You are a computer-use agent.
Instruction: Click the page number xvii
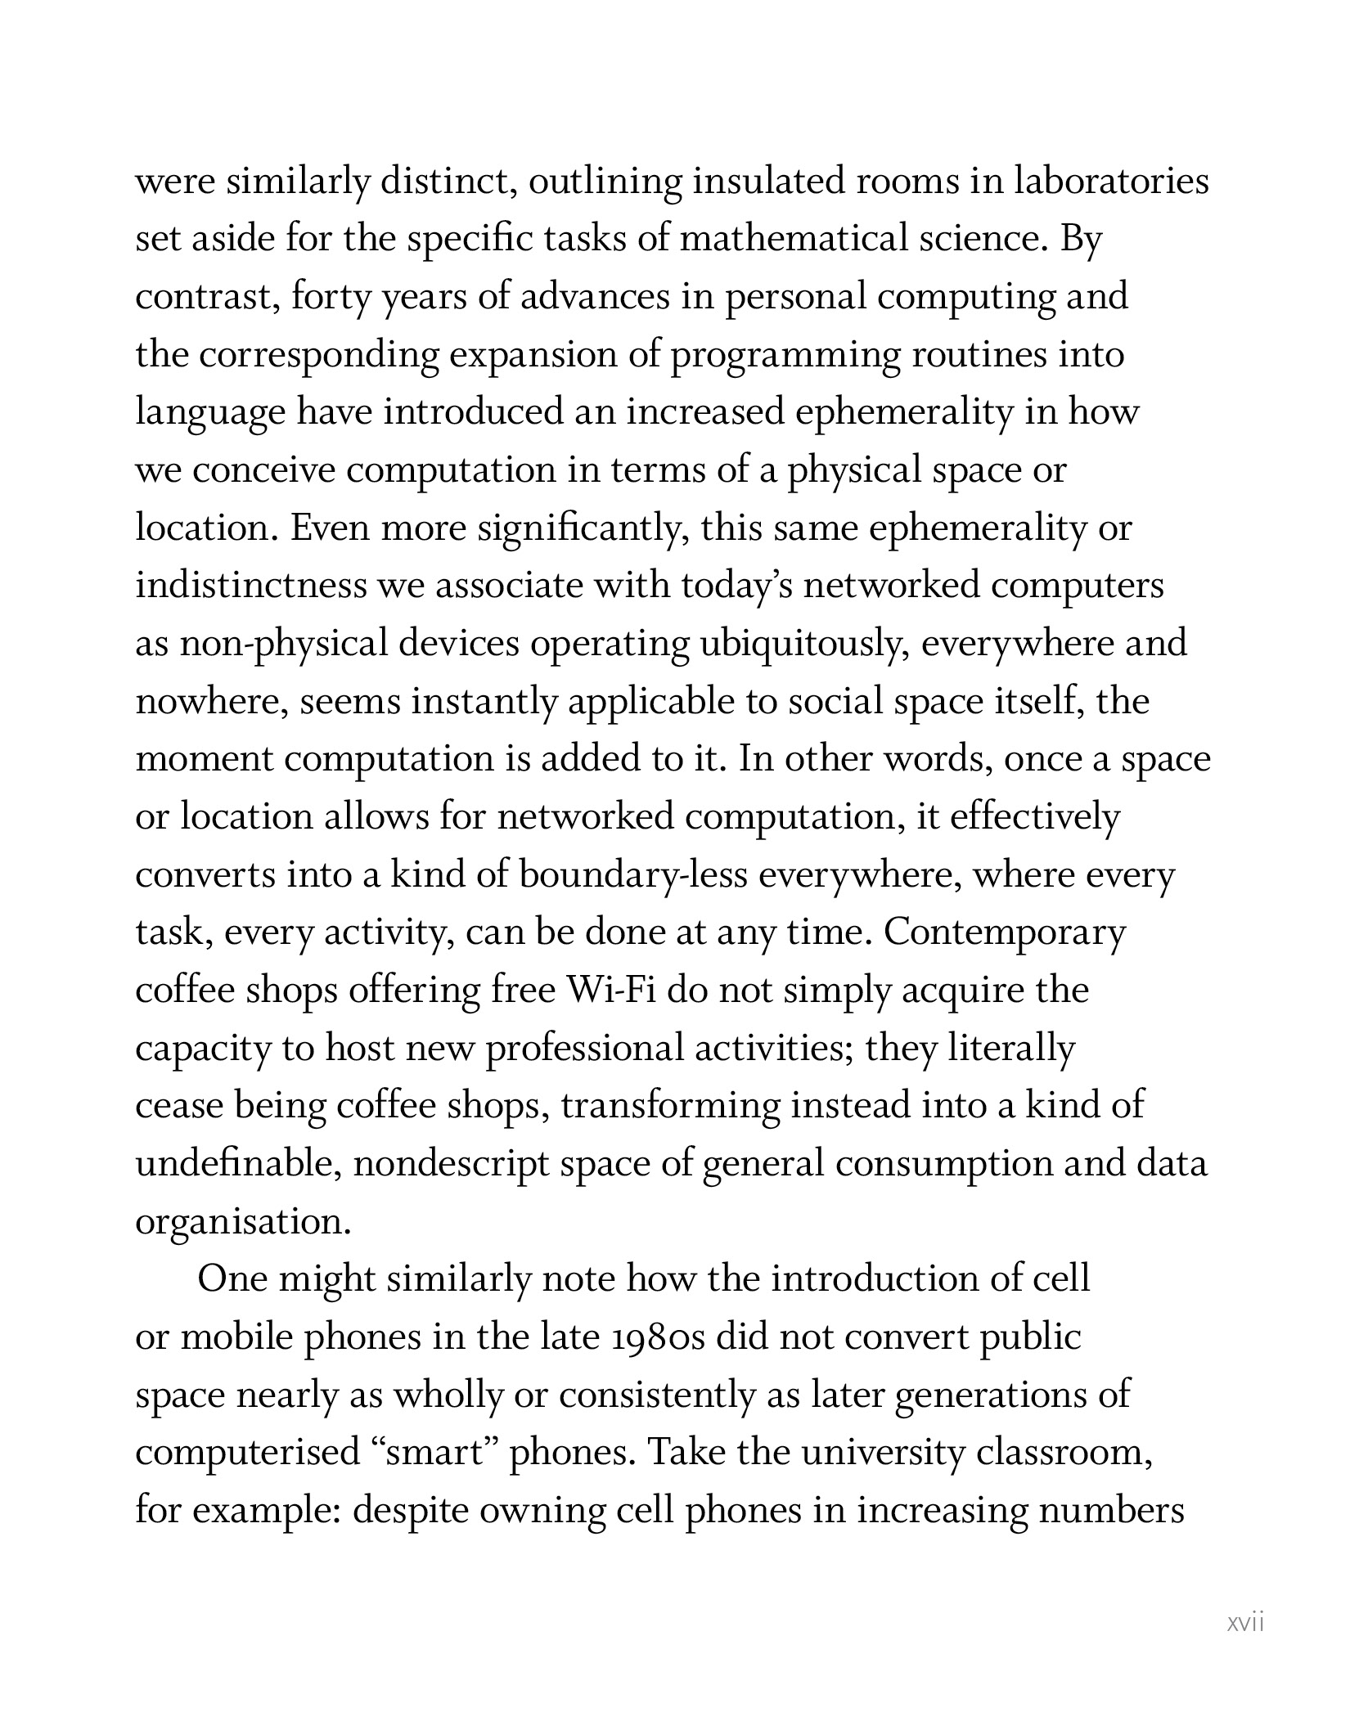coord(1245,1623)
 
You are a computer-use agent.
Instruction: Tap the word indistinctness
coord(250,586)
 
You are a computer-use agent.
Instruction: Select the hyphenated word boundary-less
coord(633,875)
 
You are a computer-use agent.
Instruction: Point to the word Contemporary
coord(1005,933)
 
